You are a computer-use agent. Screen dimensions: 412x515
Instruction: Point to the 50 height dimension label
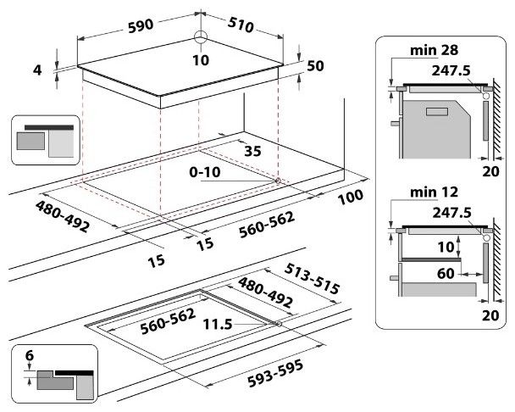point(316,65)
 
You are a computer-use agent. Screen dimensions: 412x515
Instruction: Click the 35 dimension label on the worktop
point(251,153)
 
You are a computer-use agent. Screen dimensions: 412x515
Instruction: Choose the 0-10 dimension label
point(207,172)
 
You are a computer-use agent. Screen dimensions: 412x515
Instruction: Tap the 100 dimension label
point(349,196)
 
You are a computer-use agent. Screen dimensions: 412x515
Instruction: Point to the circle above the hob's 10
point(200,36)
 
